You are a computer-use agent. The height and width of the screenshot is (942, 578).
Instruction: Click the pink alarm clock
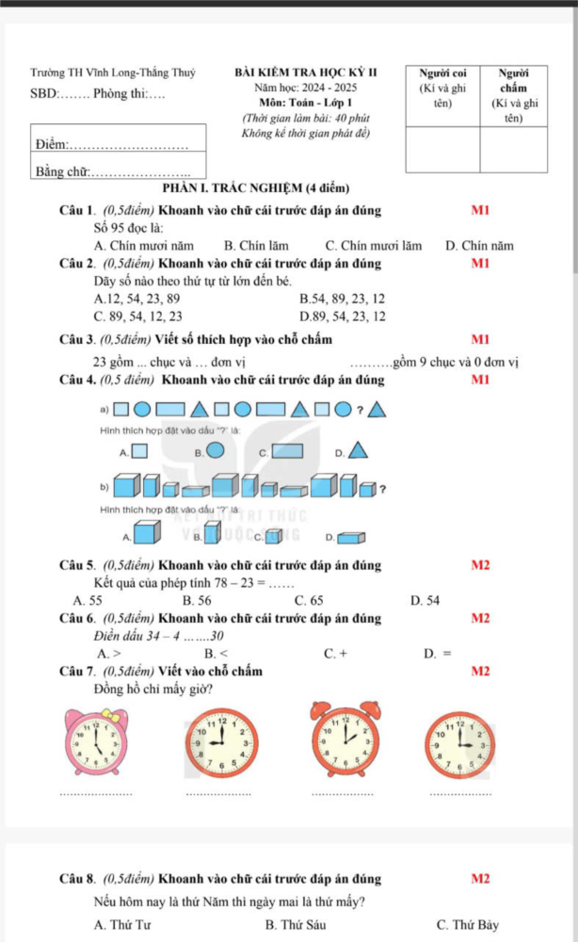[x=95, y=739]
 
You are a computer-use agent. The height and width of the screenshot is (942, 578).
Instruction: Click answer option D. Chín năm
[x=479, y=246]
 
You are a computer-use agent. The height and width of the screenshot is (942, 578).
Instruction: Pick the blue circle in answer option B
[x=216, y=450]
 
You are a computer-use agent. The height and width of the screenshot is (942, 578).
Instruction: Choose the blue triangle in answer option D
[x=358, y=450]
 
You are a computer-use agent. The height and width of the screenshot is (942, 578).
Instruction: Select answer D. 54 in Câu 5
[x=425, y=599]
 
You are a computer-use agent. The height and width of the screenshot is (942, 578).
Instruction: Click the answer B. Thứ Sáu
[x=297, y=924]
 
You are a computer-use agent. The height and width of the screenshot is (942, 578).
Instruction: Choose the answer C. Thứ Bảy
[x=467, y=924]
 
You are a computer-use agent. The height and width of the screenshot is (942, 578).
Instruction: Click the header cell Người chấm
[x=513, y=93]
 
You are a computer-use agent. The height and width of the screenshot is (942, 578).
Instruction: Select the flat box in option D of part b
[x=350, y=538]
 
